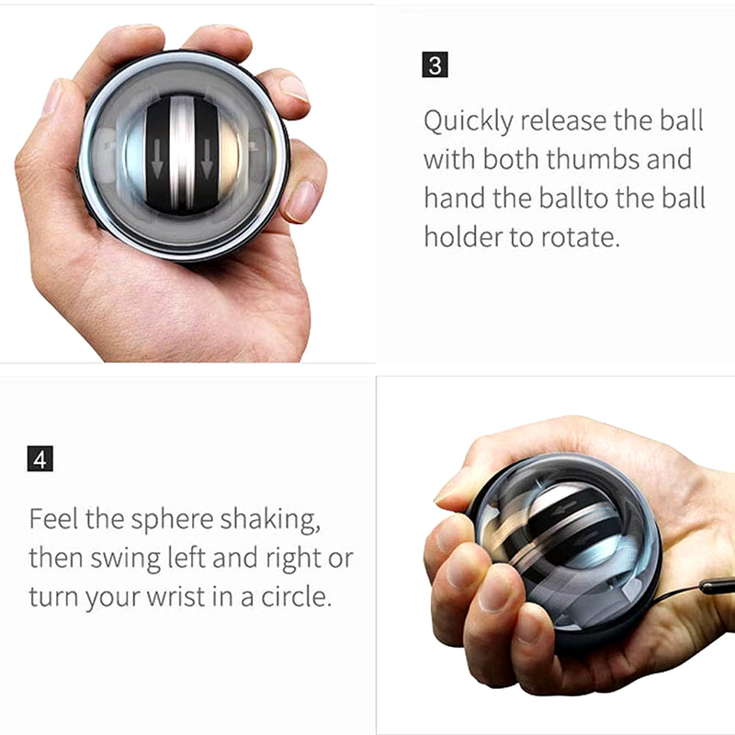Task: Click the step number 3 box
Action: tap(435, 64)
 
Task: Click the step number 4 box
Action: tap(40, 458)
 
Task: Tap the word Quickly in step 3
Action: tap(469, 121)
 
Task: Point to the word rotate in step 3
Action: tap(581, 237)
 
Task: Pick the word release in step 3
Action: tap(563, 120)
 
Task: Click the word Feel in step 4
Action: tap(53, 519)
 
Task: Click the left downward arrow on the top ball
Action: tap(157, 159)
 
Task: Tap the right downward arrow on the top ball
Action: tap(206, 159)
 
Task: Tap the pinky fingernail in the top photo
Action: tap(300, 200)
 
